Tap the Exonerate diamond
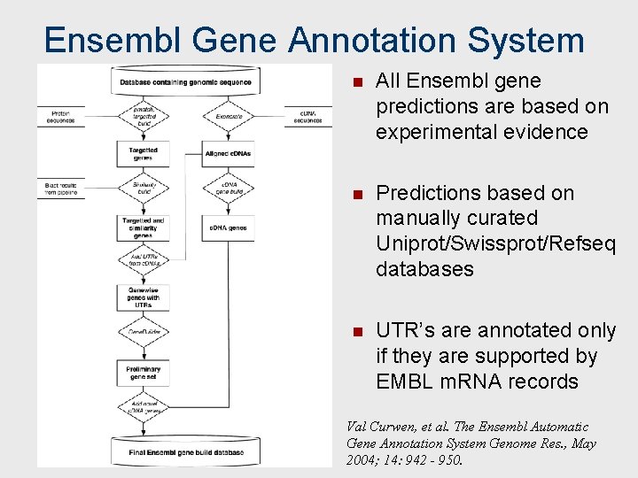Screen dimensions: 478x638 (x=228, y=116)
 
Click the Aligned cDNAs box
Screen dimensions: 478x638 (x=228, y=153)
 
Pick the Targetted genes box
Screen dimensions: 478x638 (x=143, y=153)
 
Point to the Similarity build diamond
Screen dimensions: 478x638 (x=143, y=188)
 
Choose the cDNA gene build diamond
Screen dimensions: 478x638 (x=228, y=188)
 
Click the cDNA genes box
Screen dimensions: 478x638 (x=228, y=227)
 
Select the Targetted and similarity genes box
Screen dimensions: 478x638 (x=143, y=227)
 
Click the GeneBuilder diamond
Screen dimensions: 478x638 (x=143, y=331)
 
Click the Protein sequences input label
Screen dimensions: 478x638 (x=61, y=117)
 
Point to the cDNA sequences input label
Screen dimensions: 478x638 (x=307, y=117)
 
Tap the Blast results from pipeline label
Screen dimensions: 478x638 (x=61, y=189)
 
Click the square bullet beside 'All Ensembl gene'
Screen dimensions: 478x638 (x=356, y=82)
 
